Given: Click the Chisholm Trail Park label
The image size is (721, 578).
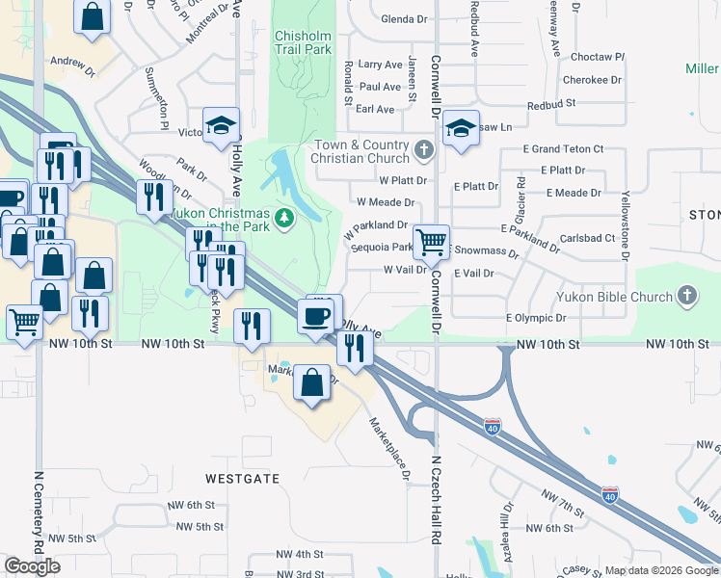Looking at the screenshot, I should click(x=303, y=41).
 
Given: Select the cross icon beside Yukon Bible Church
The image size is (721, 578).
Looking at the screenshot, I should click(x=686, y=294).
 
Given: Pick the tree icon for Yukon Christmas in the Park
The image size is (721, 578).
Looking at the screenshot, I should click(x=284, y=219).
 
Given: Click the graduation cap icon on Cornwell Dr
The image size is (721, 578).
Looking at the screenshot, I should click(x=462, y=130).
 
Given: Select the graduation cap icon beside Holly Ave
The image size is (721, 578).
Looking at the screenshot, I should click(x=221, y=125).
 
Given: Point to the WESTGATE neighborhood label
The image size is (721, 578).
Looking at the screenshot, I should click(x=241, y=478).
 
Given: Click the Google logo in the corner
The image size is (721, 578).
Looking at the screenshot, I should click(x=32, y=566).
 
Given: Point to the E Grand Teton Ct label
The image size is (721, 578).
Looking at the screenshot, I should click(x=563, y=149).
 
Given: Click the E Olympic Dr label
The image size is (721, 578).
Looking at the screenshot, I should click(x=536, y=317).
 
